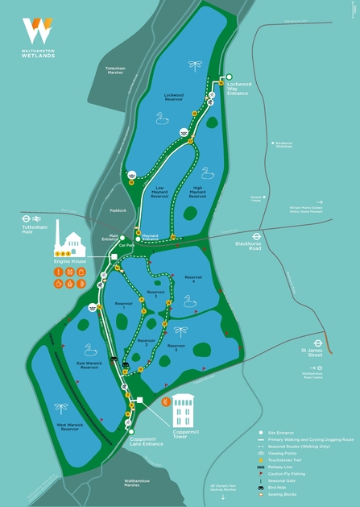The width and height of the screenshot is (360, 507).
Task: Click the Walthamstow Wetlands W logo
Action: [38, 30]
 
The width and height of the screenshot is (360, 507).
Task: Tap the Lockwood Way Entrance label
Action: [238, 87]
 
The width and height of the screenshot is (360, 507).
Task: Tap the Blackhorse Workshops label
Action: [283, 145]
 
